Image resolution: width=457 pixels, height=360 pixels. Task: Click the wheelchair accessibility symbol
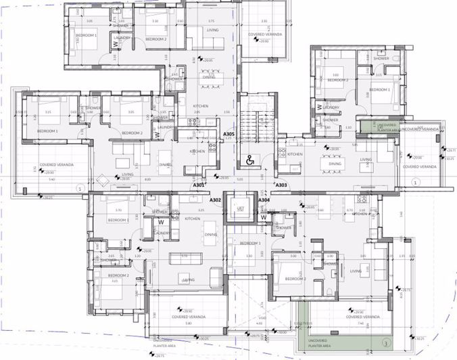point(249,160)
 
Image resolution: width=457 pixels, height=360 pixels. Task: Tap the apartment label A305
point(228,135)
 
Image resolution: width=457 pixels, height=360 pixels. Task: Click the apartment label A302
point(216,200)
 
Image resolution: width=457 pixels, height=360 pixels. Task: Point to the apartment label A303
point(281,184)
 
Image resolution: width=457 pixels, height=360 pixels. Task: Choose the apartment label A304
point(264,200)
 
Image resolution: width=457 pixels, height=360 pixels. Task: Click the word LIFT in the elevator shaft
point(240,208)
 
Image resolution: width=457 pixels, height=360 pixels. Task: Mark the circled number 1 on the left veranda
point(80,188)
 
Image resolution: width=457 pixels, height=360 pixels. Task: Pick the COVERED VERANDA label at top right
point(264,34)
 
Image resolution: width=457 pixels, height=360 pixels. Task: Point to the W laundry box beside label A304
point(264,218)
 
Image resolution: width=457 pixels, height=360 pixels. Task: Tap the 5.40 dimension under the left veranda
point(52,180)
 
